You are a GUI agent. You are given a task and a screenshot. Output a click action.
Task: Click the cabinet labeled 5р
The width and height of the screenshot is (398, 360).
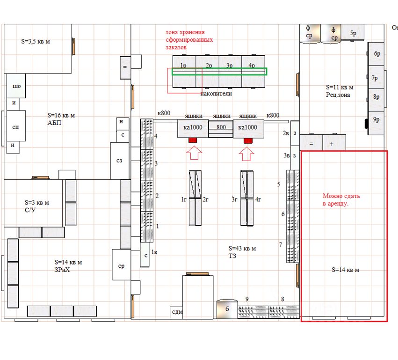(x=353, y=32)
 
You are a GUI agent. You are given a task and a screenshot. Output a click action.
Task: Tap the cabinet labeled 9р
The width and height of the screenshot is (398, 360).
(x=376, y=123)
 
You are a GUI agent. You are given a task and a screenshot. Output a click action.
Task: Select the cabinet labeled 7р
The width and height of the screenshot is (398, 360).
(x=376, y=77)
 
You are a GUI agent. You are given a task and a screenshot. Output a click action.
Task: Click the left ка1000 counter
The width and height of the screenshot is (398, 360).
(x=193, y=128)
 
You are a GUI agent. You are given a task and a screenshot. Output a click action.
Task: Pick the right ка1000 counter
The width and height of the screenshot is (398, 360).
(x=248, y=128)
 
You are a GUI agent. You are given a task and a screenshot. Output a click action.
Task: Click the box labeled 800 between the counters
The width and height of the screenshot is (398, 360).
(x=221, y=129)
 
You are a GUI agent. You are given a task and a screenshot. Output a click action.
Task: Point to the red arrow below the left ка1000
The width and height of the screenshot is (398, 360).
(x=194, y=153)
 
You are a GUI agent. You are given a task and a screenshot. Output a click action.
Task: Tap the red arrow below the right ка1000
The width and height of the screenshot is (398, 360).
(x=246, y=154)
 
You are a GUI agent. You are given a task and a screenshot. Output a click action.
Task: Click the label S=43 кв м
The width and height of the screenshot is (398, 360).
(x=242, y=249)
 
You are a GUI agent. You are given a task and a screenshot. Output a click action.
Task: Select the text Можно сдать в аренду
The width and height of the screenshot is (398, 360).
(x=341, y=200)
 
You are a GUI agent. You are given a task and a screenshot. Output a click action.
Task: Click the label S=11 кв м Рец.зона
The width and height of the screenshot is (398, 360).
(x=340, y=91)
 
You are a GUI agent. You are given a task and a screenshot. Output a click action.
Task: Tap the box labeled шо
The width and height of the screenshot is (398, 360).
(x=16, y=86)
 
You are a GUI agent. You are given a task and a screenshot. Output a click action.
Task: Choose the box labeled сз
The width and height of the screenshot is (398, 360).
(x=120, y=161)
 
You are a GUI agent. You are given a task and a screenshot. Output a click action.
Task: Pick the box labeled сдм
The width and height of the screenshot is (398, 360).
(x=176, y=313)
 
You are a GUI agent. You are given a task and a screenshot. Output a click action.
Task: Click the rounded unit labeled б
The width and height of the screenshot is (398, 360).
(x=227, y=309)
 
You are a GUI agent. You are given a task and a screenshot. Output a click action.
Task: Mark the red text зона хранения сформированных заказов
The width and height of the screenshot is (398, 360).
(x=189, y=40)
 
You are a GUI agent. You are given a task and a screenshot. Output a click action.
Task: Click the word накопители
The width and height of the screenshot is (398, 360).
(x=216, y=94)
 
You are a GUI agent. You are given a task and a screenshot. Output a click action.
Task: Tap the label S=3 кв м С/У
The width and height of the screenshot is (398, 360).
(x=37, y=206)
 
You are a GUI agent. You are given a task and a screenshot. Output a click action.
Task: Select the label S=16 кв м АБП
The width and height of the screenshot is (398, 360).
(x=61, y=119)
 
